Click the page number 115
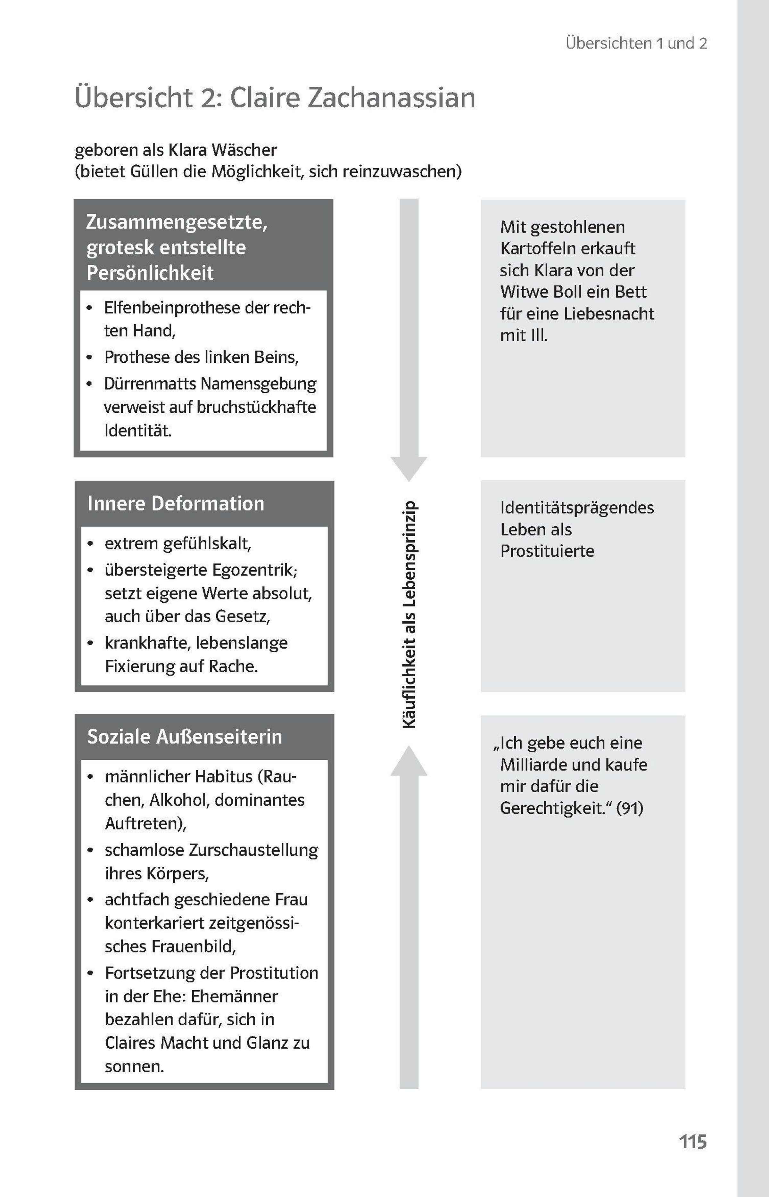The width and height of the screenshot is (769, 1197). tap(693, 1142)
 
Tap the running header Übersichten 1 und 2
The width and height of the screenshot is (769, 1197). tap(637, 44)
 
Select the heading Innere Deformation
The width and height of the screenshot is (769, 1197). tap(176, 503)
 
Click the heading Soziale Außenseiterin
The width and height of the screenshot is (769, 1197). tap(185, 736)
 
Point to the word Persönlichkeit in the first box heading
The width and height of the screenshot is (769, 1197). tap(150, 273)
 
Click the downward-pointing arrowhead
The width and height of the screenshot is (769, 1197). tap(409, 468)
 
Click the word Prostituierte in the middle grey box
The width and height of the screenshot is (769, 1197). tap(547, 551)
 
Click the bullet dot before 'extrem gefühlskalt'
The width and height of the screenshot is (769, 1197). tap(90, 544)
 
